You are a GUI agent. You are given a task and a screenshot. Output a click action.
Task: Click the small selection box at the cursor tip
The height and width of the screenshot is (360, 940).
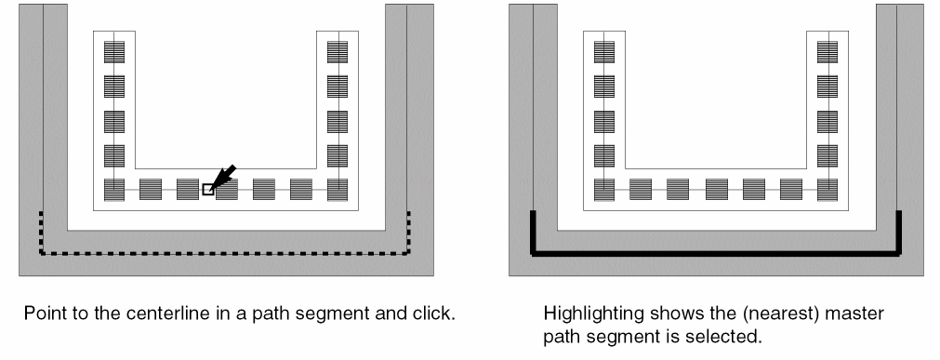(x=207, y=190)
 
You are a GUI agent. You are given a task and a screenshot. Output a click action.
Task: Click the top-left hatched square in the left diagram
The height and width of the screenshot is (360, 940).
(x=114, y=51)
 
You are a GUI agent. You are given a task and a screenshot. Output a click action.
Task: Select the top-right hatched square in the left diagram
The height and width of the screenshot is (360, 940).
(x=338, y=51)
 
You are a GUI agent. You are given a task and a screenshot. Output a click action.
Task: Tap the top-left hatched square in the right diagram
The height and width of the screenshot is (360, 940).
(x=604, y=51)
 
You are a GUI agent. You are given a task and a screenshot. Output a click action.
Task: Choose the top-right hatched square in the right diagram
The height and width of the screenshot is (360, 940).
(x=827, y=51)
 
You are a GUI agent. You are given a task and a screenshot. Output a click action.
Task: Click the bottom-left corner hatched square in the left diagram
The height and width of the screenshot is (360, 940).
(x=114, y=190)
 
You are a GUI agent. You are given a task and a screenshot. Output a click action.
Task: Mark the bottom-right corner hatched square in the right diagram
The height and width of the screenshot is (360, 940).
(x=827, y=190)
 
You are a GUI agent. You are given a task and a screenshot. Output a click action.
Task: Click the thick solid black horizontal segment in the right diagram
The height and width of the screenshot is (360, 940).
(x=716, y=254)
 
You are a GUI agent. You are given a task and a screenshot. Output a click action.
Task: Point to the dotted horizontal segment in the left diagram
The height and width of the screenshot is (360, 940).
(x=225, y=254)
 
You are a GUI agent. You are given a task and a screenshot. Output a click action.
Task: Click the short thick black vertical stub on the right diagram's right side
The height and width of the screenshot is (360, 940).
(x=899, y=233)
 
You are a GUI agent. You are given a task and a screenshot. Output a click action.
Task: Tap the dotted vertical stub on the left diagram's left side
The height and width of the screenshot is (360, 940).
(x=41, y=233)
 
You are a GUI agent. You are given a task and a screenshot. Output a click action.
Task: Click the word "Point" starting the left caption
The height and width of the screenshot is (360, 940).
(x=41, y=313)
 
